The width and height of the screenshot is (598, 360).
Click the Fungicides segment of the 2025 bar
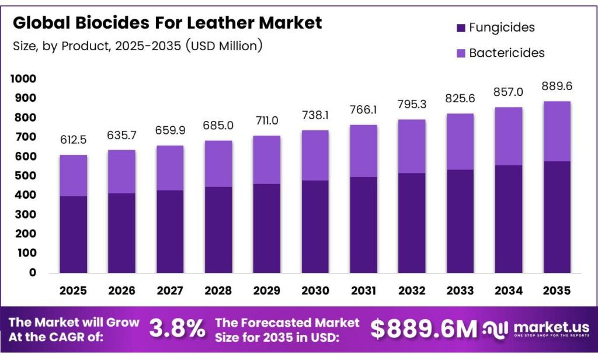(x=73, y=234)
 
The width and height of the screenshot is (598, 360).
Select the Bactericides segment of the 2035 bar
(x=557, y=131)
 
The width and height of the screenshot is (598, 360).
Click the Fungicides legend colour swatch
(x=460, y=27)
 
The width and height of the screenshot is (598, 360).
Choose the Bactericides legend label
(x=506, y=53)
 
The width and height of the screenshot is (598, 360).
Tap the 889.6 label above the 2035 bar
(x=557, y=86)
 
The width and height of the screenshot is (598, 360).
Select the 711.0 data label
(x=267, y=121)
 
